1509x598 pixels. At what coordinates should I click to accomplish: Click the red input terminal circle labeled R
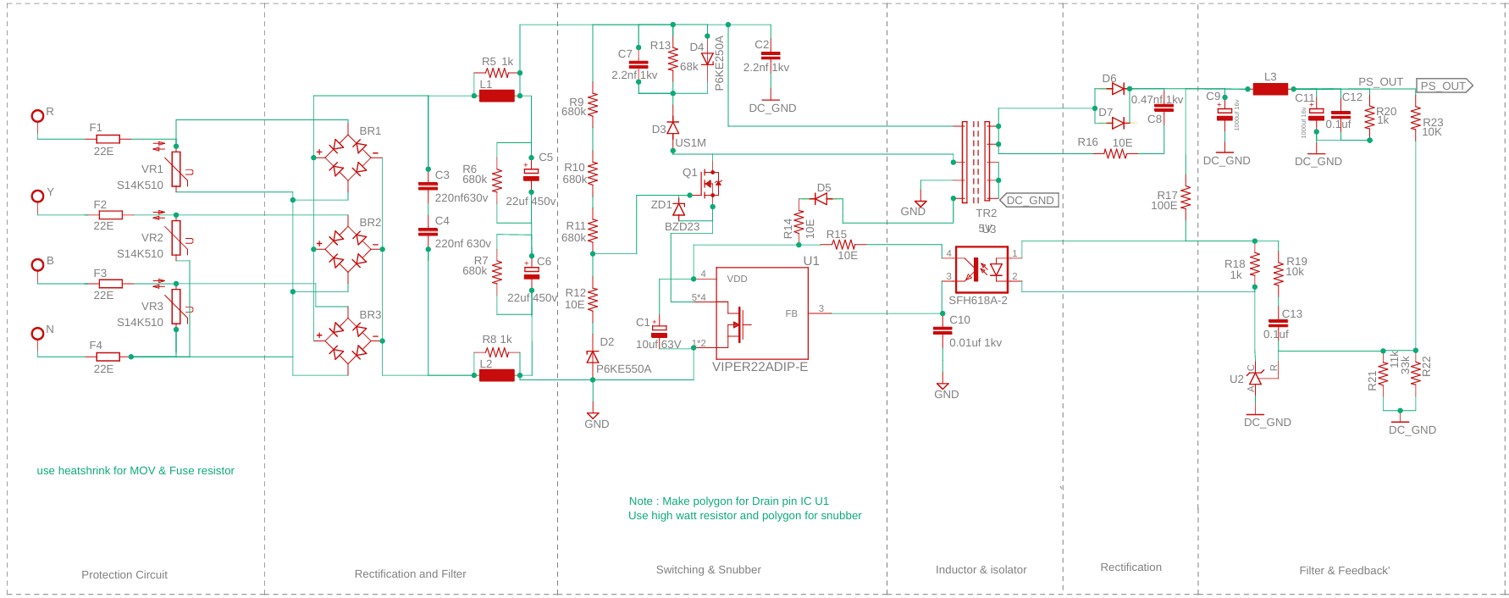click(x=37, y=116)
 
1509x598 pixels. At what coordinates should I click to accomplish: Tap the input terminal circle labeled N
click(x=37, y=334)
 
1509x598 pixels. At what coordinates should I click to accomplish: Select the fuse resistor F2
click(x=110, y=215)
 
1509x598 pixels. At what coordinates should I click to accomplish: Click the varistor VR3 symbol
click(x=176, y=307)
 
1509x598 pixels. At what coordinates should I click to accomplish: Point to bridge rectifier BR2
click(x=347, y=249)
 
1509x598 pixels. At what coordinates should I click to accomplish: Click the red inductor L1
click(x=497, y=96)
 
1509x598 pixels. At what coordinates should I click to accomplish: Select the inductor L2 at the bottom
click(x=497, y=375)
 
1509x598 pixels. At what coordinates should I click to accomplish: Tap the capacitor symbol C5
click(x=531, y=174)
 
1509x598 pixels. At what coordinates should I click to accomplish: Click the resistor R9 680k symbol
click(x=593, y=104)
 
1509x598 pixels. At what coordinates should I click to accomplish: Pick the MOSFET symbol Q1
click(x=709, y=183)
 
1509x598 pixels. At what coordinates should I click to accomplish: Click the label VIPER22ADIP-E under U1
click(x=760, y=367)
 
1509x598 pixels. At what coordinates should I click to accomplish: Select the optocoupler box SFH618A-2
click(x=981, y=270)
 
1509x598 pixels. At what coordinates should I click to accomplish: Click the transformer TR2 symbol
click(x=976, y=161)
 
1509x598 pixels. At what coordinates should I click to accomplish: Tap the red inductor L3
click(x=1270, y=89)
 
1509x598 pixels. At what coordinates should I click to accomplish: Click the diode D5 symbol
click(x=820, y=199)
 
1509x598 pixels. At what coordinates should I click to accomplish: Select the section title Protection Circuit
click(x=124, y=574)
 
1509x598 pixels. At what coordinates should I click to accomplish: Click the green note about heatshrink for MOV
click(x=135, y=471)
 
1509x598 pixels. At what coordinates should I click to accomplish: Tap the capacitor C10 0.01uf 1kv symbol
click(x=942, y=330)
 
